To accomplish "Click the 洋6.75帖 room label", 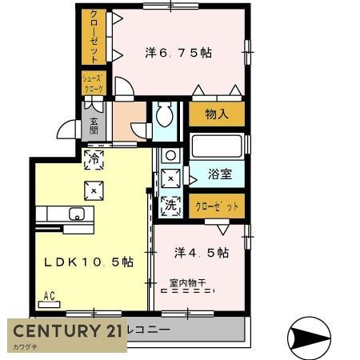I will point(179,53).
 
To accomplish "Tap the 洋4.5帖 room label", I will point(202,253).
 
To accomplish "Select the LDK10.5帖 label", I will point(82,262).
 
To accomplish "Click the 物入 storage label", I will point(216,114).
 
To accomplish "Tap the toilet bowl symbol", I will point(166,117).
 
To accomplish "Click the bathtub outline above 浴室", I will point(216,147).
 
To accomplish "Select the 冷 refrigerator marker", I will point(94,158).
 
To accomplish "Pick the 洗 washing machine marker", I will point(170,205).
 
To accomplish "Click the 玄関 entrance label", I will point(94,126).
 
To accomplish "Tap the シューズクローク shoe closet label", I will point(93,83).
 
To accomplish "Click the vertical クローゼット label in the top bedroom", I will point(94,37).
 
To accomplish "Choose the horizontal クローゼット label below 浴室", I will point(217,206).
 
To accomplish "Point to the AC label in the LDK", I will point(49,296).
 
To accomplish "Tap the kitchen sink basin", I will point(78,214).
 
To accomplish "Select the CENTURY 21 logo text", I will point(67,331).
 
